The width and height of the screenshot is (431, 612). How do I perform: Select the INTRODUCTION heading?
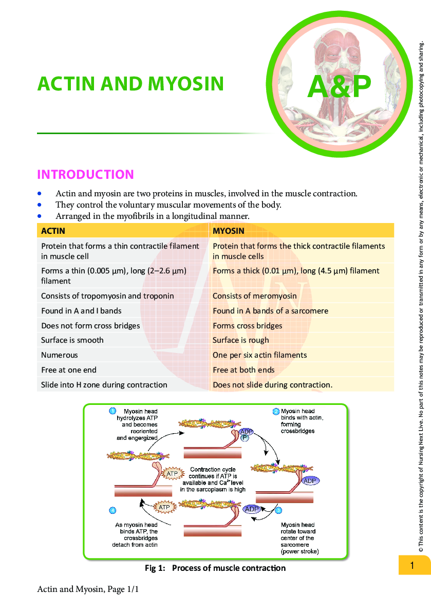85,175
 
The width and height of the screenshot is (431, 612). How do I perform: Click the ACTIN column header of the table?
53,231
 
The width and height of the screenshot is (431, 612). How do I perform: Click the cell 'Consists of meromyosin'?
254,296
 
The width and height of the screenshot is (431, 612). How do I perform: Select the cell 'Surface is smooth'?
72,340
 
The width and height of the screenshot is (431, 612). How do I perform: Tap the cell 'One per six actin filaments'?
259,355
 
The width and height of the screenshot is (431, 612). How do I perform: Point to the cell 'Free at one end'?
68,370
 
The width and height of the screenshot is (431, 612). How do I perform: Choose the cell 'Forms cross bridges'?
247,326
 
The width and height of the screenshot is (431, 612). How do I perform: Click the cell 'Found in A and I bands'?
81,311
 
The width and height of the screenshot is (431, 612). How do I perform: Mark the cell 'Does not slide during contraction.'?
272,385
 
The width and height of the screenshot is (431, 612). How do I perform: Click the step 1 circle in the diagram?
112,411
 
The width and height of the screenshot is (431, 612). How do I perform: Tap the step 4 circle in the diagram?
112,510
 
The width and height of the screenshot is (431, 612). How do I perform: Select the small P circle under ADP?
245,437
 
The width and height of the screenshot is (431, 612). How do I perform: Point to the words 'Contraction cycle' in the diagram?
213,470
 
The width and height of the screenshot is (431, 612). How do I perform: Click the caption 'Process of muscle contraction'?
229,568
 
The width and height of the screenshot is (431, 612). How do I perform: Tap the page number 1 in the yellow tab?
412,566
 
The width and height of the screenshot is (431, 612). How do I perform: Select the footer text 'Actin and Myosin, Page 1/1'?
88,589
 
